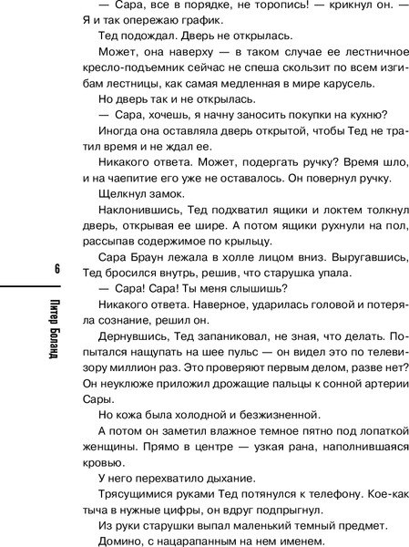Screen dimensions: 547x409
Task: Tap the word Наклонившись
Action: click(138, 212)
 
